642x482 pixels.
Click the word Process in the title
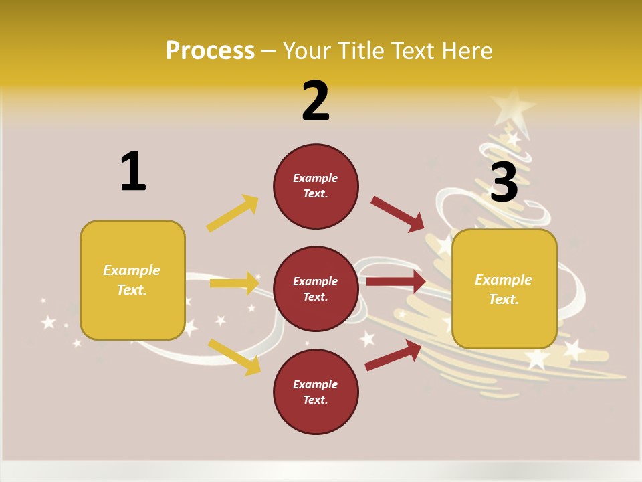(210, 51)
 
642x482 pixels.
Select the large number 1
(133, 172)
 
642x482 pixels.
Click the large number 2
(316, 101)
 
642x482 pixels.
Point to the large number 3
(504, 182)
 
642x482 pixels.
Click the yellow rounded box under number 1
(132, 280)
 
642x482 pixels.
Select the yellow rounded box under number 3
(504, 289)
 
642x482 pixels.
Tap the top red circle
(316, 186)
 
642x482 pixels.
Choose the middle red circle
(316, 289)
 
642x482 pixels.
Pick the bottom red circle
(316, 392)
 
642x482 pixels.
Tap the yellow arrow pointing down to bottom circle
(234, 356)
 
